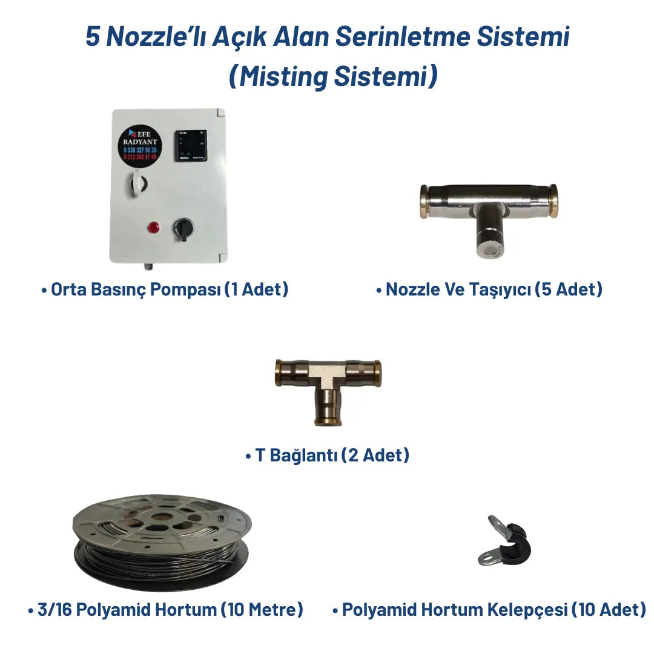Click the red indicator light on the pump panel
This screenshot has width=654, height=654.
coord(152,228)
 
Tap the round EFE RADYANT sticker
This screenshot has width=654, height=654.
coord(139,144)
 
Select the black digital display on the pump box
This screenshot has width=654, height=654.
coord(190,145)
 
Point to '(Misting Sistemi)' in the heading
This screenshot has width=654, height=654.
coord(333,77)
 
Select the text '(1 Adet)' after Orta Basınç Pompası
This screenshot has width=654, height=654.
coord(256,289)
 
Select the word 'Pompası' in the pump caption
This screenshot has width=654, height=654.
coord(192,289)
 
